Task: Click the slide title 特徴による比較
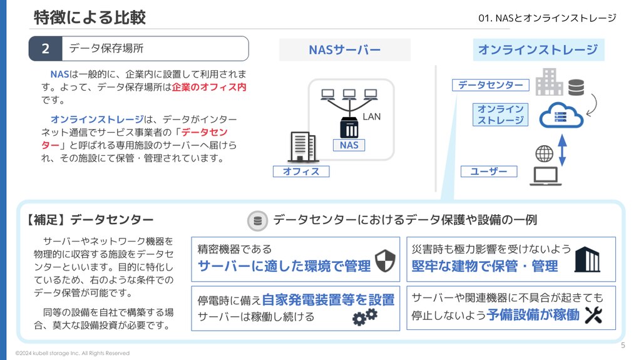90,18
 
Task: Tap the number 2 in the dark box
45,49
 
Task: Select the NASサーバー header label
345,50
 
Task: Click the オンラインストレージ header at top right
538,49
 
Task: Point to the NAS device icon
349,127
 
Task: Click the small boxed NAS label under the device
349,145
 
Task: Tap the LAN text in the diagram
372,116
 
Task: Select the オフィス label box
301,172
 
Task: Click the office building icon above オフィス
302,147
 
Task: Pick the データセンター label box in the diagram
491,85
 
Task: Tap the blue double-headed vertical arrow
563,150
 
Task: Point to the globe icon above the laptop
544,154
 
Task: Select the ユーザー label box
489,172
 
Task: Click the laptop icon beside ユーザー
546,177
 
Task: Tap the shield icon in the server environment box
385,260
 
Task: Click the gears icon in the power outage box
365,317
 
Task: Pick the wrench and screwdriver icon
593,315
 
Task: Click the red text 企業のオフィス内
209,87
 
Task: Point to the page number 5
623,345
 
